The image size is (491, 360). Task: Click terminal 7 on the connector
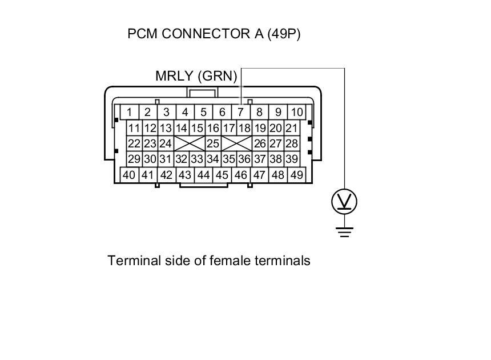(240, 112)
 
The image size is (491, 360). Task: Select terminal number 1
(130, 112)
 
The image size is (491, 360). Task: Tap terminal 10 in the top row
(296, 112)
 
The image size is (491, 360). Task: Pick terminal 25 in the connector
(213, 143)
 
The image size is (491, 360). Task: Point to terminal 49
(296, 175)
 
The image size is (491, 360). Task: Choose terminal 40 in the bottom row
(129, 175)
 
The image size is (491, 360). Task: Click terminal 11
(134, 128)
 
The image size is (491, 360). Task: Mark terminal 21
(291, 128)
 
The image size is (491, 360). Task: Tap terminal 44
(203, 175)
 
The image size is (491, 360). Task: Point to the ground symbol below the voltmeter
(344, 231)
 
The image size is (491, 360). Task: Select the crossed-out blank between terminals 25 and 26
(236, 143)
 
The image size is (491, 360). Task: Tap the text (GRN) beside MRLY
(218, 76)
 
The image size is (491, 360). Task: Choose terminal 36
(244, 159)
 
